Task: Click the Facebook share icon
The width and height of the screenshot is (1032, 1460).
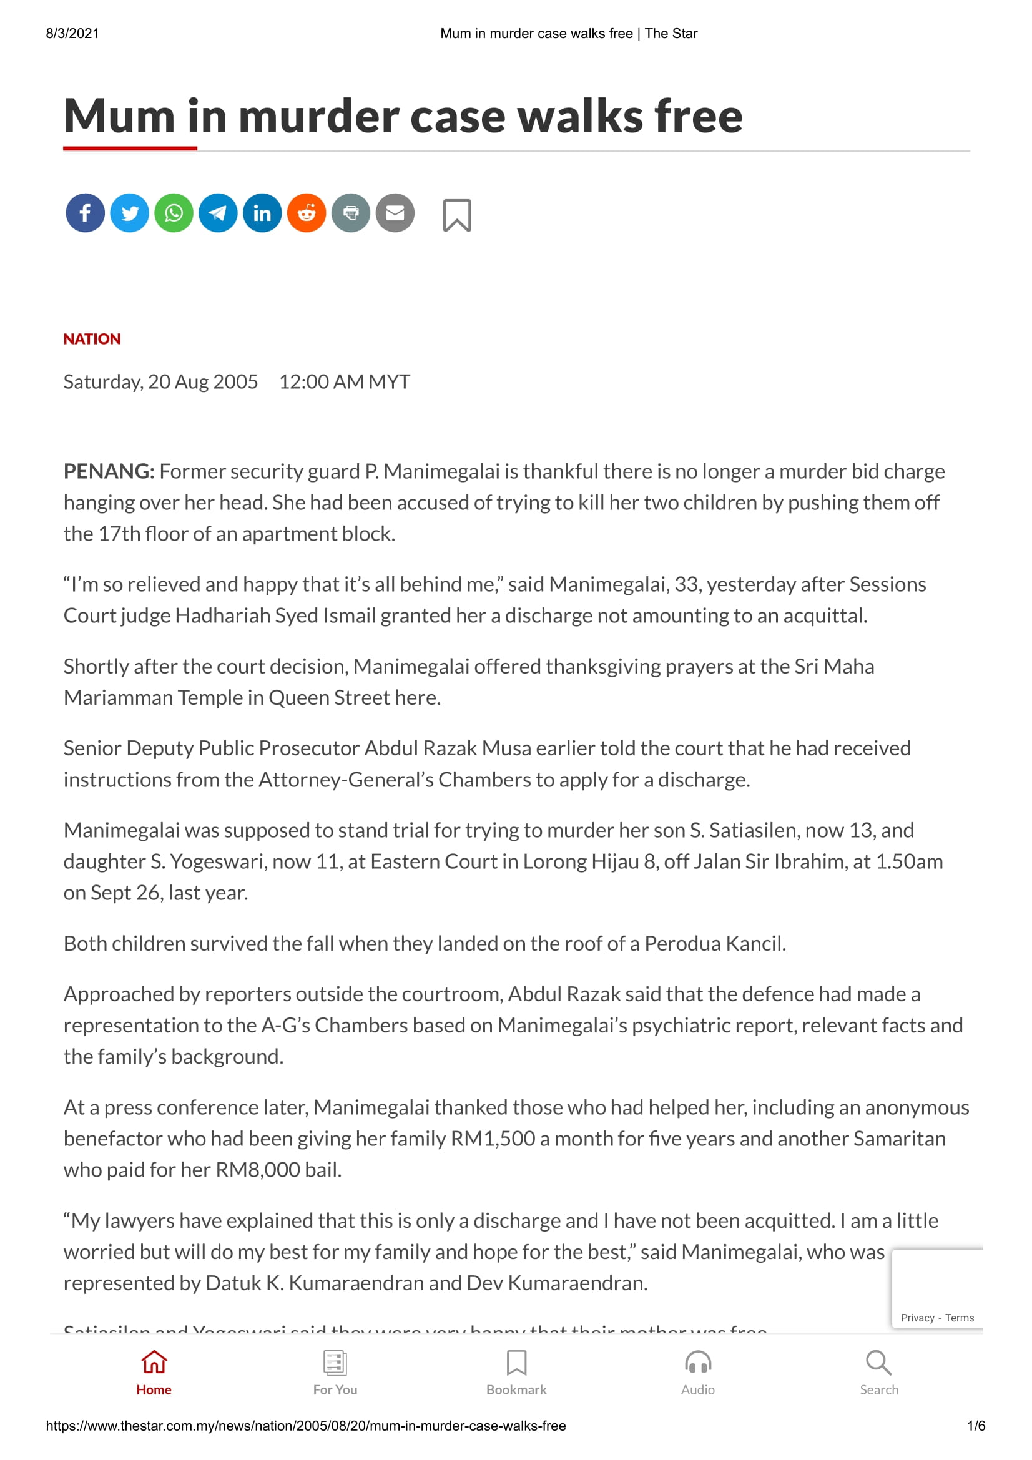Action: click(85, 213)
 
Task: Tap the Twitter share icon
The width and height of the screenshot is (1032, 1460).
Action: click(130, 213)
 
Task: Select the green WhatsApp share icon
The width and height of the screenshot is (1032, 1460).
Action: click(174, 213)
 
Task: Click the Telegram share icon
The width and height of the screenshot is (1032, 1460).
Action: click(218, 213)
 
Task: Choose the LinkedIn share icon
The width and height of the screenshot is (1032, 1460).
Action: click(262, 213)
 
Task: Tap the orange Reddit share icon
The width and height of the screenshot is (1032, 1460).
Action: click(307, 213)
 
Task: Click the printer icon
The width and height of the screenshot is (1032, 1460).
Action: click(351, 213)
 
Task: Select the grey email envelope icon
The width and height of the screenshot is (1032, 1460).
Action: click(395, 213)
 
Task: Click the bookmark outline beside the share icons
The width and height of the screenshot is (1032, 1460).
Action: click(456, 215)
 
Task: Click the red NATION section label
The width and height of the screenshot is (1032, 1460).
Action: click(92, 339)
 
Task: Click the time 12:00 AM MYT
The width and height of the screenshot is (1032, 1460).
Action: click(345, 381)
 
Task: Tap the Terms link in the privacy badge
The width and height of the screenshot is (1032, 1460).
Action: click(959, 1318)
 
